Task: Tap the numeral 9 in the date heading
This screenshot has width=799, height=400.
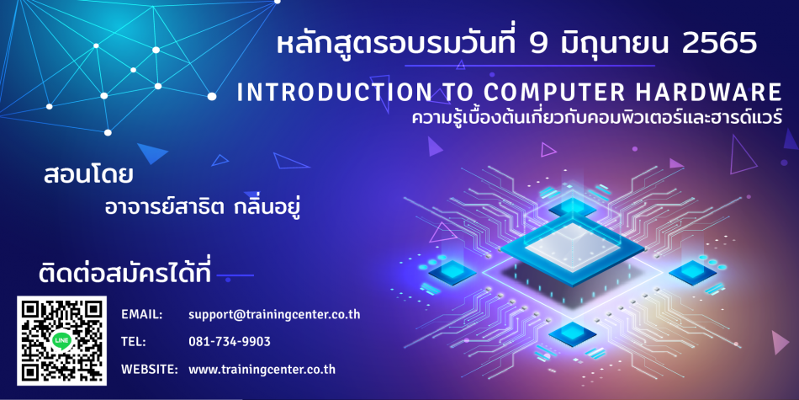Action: tap(538, 45)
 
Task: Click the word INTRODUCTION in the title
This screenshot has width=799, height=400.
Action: tap(332, 93)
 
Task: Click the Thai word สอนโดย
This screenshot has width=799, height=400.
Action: tap(88, 175)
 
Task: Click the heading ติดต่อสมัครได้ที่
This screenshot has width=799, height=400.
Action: tap(124, 273)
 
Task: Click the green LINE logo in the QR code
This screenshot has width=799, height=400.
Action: tap(61, 341)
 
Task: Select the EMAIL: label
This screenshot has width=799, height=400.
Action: tap(141, 315)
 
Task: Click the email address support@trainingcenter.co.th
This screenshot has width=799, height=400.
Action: tap(274, 315)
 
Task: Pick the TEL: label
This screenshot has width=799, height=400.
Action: tap(134, 342)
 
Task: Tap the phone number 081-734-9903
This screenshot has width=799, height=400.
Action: tap(230, 342)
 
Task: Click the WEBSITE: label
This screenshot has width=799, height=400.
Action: tap(150, 369)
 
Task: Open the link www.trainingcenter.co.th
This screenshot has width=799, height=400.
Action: tap(262, 370)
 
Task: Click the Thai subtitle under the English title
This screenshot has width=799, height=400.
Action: tap(596, 120)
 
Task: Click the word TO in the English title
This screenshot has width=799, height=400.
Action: tap(454, 93)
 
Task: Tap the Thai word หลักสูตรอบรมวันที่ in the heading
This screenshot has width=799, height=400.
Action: tap(398, 44)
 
